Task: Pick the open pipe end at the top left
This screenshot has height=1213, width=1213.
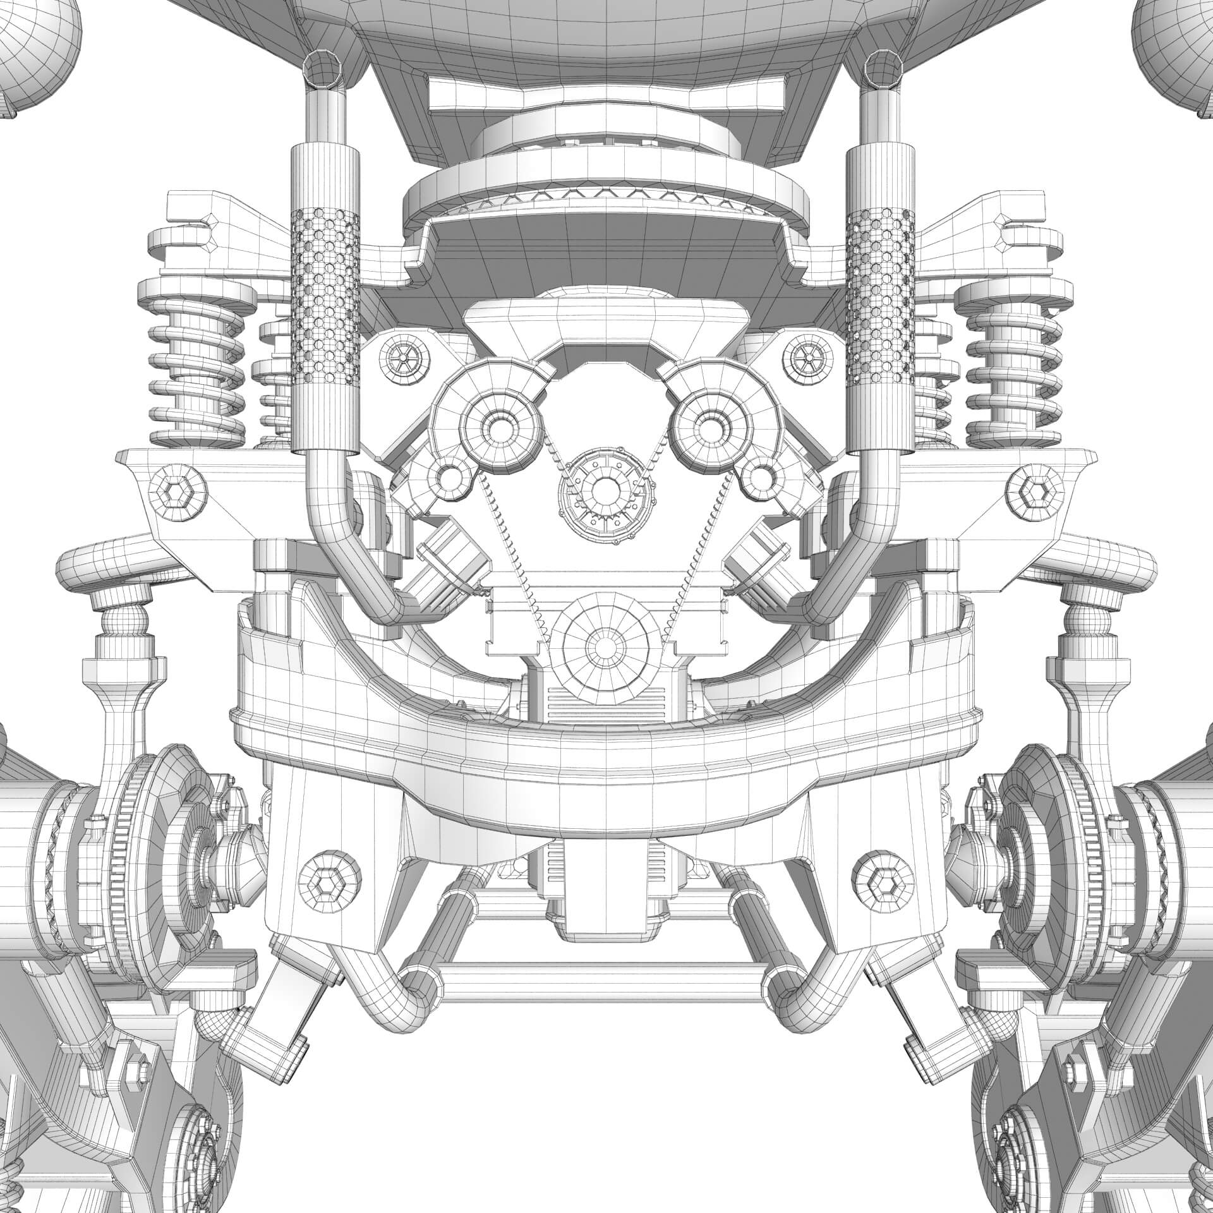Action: click(324, 71)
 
